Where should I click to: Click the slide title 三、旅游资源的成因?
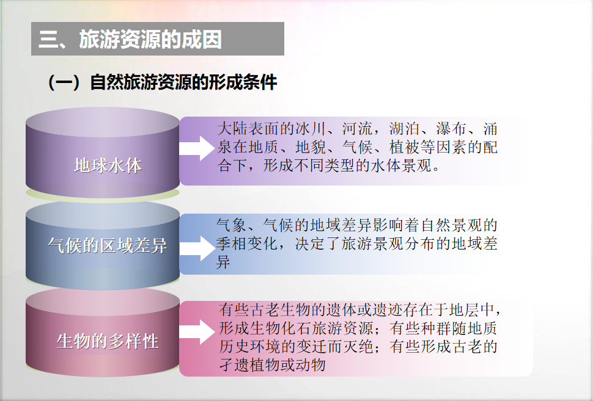point(130,39)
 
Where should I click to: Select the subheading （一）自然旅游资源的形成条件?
point(162,82)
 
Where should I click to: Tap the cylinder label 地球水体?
point(108,165)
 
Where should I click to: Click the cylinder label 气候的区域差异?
point(108,245)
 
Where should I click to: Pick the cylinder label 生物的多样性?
point(108,341)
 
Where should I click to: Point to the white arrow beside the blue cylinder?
point(197,248)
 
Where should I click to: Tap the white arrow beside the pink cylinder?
point(197,332)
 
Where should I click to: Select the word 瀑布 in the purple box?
point(451,129)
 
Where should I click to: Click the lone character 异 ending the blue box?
point(223,262)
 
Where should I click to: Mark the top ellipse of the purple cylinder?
point(103,122)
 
